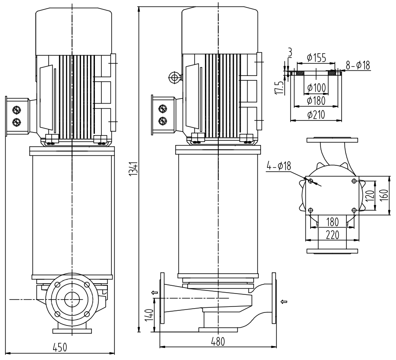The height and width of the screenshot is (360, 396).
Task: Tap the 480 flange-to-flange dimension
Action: [x=218, y=341]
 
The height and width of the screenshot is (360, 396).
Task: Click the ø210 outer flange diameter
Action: [x=316, y=115]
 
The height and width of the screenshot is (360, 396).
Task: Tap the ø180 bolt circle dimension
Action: [x=316, y=102]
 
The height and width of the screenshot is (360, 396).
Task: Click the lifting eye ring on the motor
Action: [x=174, y=77]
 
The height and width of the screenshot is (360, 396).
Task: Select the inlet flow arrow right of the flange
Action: [x=284, y=301]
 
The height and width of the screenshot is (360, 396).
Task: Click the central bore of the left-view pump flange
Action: [x=72, y=299]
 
